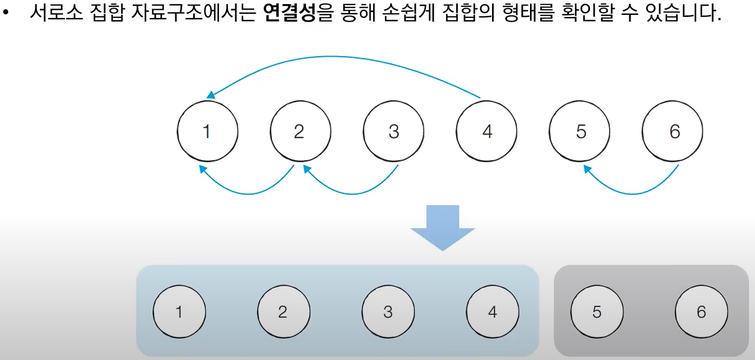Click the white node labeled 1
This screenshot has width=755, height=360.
(207, 132)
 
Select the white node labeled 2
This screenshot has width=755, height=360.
(300, 132)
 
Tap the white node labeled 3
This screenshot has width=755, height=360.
(394, 132)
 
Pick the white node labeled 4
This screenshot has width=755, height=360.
(487, 132)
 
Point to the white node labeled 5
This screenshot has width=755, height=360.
(580, 132)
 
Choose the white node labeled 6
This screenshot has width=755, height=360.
(674, 132)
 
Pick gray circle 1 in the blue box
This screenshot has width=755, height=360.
(179, 312)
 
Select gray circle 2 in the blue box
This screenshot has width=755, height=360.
(283, 312)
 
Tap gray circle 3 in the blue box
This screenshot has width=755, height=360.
(388, 312)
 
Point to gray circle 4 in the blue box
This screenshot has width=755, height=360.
(493, 312)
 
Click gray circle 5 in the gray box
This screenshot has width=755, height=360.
(597, 312)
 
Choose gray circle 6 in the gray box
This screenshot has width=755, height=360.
(701, 312)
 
